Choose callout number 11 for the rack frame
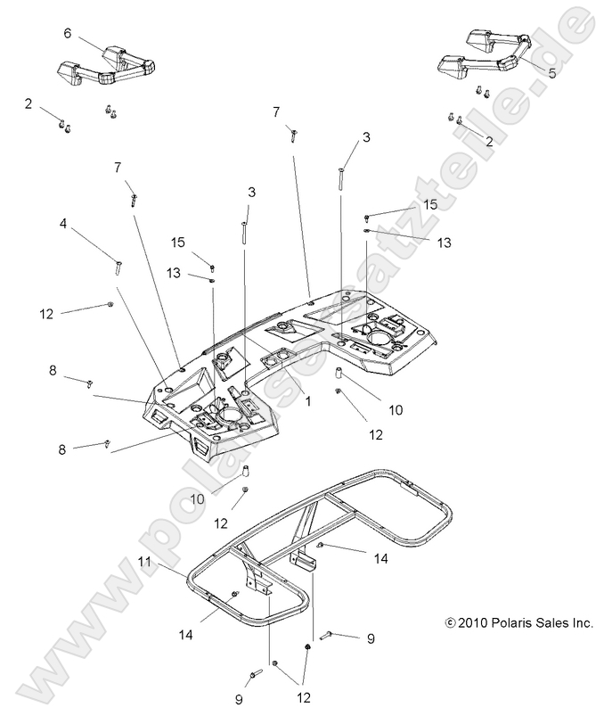pyautogui.click(x=144, y=562)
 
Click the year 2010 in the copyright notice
pyautogui.click(x=474, y=624)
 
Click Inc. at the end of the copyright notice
pyautogui.click(x=583, y=624)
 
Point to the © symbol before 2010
pyautogui.click(x=449, y=624)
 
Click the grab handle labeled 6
pyautogui.click(x=107, y=67)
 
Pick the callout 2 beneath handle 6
pyautogui.click(x=29, y=104)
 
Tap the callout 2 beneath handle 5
pyautogui.click(x=488, y=141)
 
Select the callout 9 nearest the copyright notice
pyautogui.click(x=371, y=638)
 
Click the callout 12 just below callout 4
pyautogui.click(x=46, y=313)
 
